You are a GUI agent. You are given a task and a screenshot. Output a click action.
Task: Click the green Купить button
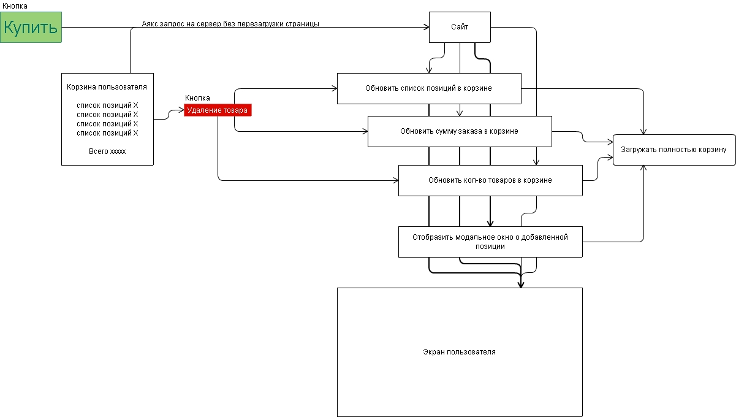pos(31,27)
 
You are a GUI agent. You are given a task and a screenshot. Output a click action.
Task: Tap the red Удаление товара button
pos(218,110)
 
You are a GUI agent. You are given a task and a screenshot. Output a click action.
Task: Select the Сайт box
pos(460,27)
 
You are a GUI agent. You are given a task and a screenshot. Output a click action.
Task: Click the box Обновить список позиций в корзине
pos(428,88)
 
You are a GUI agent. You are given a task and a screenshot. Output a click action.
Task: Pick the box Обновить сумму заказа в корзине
pos(459,131)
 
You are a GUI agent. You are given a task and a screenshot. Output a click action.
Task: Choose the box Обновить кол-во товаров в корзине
pos(490,180)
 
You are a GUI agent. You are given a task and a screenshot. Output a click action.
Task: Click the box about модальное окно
pos(490,242)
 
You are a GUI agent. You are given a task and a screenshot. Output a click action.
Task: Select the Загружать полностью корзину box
pos(673,150)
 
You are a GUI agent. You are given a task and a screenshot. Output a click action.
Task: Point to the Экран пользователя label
pos(459,352)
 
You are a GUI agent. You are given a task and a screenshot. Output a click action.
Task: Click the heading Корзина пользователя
pos(107,87)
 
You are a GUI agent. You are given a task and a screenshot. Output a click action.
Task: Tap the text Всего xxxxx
pos(107,151)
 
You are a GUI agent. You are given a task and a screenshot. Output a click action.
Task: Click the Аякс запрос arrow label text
pos(230,24)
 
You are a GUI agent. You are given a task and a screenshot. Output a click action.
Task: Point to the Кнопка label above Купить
pos(15,6)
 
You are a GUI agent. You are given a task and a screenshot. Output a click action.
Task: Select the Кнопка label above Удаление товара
pos(197,98)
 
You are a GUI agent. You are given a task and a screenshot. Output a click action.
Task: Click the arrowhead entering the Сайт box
pos(425,27)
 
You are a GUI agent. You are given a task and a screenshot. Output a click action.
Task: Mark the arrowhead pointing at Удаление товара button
pos(181,111)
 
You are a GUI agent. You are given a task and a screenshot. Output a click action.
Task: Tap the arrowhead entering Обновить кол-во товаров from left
pos(395,180)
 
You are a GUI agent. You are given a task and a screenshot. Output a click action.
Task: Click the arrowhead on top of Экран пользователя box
pos(521,285)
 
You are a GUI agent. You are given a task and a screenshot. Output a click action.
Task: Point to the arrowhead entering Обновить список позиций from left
pos(334,88)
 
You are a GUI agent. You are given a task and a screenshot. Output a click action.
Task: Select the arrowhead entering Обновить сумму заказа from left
pos(365,131)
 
